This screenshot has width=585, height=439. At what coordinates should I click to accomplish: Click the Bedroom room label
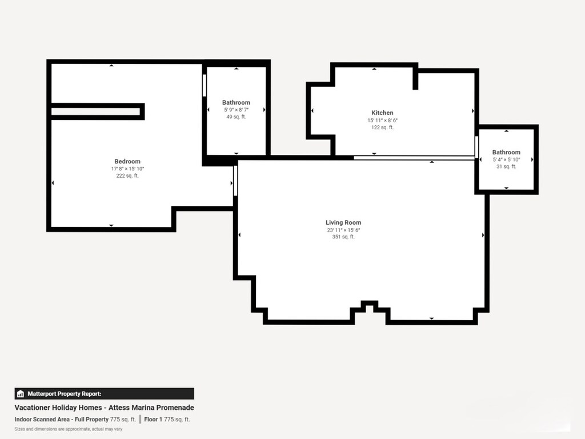tap(127, 161)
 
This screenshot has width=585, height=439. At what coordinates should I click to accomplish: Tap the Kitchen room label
tap(382, 113)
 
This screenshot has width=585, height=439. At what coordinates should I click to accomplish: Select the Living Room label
tap(343, 222)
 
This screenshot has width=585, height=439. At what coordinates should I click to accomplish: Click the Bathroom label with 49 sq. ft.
tap(236, 102)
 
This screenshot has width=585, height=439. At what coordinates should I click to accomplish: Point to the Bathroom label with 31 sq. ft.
tap(506, 152)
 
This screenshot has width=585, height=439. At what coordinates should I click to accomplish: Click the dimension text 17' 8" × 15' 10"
tap(127, 169)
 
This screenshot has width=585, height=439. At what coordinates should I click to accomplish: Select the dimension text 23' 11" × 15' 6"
tap(343, 230)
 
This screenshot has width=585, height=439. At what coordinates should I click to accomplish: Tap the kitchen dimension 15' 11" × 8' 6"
tap(382, 120)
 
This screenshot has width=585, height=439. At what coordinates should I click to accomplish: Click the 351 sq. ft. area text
tap(343, 237)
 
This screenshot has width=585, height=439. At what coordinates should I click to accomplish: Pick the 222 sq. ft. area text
tap(127, 176)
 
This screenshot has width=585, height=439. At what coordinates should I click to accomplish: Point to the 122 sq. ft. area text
tap(382, 127)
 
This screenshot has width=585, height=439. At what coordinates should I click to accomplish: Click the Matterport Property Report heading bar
tap(104, 393)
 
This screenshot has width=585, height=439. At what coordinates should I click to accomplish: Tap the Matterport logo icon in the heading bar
tap(21, 394)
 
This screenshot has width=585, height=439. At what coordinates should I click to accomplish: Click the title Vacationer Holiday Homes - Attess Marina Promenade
tap(104, 408)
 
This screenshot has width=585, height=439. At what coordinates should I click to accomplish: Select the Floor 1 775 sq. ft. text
tap(167, 419)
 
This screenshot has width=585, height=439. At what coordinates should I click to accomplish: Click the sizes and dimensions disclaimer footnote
tap(68, 429)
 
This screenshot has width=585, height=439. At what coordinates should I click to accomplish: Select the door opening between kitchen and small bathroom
tap(476, 146)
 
